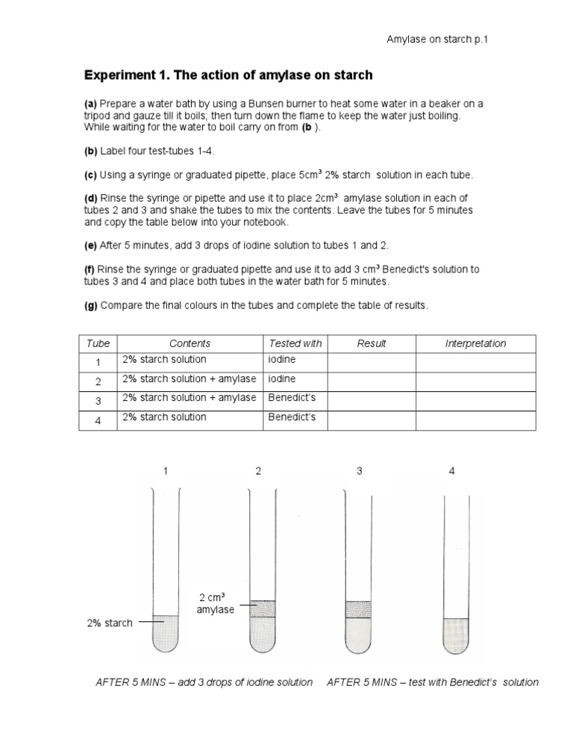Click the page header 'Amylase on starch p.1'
point(436,40)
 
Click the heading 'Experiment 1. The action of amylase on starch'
point(228,75)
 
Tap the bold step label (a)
point(90,104)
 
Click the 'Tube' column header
point(98,343)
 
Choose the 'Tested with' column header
point(295,343)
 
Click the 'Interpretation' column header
point(475,343)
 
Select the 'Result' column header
point(372,343)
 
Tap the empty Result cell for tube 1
point(372,361)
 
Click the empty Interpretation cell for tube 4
point(475,420)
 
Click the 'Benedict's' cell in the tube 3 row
point(292,398)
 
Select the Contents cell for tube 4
point(190,418)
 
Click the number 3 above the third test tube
point(360,471)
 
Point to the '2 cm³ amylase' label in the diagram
point(216,603)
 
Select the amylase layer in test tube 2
point(262,609)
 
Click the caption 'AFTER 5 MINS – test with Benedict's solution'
point(433,682)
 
